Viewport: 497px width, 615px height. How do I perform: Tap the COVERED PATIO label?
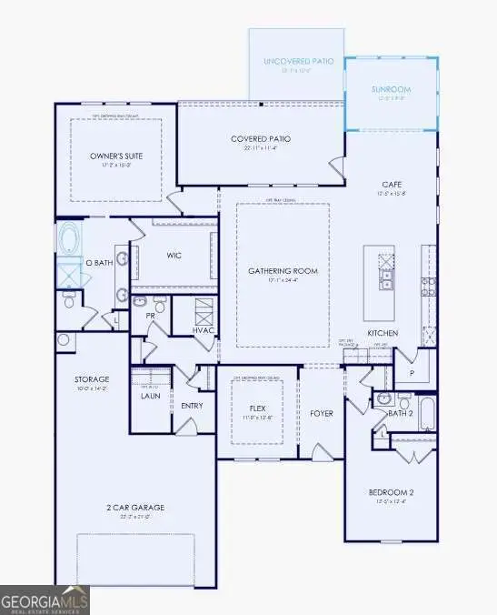click(261, 139)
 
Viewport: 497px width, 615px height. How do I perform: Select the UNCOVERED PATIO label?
click(298, 61)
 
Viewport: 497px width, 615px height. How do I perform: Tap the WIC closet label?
click(174, 256)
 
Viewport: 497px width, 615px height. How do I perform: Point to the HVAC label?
click(204, 329)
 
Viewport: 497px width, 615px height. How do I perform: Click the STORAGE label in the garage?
click(92, 378)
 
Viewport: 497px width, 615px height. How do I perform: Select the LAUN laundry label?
click(150, 396)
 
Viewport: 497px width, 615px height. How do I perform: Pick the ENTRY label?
click(192, 406)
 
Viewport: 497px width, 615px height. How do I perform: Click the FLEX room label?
click(256, 408)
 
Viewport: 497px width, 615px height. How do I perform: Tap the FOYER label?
click(322, 413)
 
